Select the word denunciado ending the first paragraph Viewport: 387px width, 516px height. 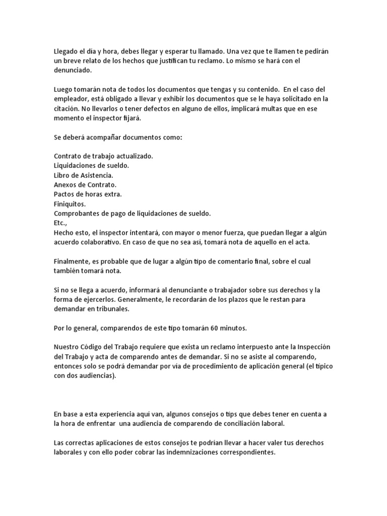pos(74,71)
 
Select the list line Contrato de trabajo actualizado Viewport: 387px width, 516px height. pos(103,156)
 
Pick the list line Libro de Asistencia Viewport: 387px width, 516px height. pos(83,175)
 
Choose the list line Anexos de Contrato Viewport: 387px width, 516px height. pos(85,185)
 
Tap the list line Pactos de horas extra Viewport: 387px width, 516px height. pos(88,194)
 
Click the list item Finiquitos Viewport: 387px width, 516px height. pos(70,204)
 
